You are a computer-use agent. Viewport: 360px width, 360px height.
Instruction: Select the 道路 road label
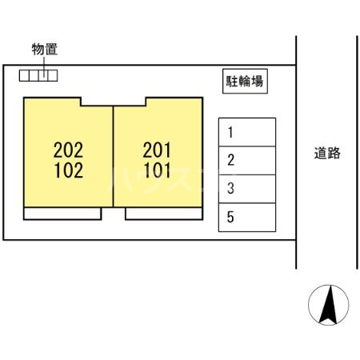click(x=327, y=154)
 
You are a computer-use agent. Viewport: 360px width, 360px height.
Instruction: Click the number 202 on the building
click(x=69, y=148)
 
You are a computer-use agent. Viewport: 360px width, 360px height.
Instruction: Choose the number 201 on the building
click(x=158, y=148)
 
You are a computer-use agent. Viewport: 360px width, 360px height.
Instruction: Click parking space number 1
click(x=247, y=132)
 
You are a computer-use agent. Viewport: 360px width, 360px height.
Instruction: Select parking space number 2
click(x=247, y=160)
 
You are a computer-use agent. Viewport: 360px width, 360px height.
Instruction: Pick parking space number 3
click(x=247, y=189)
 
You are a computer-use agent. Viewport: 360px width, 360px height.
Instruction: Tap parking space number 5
click(x=247, y=217)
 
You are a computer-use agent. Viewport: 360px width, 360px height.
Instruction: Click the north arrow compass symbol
click(x=328, y=305)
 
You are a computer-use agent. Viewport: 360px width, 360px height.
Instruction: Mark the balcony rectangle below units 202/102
click(x=62, y=214)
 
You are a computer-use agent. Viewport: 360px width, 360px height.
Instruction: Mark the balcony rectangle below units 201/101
click(x=162, y=214)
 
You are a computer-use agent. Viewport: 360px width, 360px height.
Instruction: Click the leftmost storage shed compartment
click(x=26, y=75)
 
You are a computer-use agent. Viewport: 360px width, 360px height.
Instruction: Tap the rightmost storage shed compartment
click(x=52, y=75)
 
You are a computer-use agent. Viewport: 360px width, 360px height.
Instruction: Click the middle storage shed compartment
click(x=38, y=75)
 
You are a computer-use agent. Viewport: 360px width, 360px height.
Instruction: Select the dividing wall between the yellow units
click(x=113, y=156)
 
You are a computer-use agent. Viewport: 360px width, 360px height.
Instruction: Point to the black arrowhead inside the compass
click(x=328, y=307)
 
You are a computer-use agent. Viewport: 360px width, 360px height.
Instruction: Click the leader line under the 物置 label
click(x=45, y=64)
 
